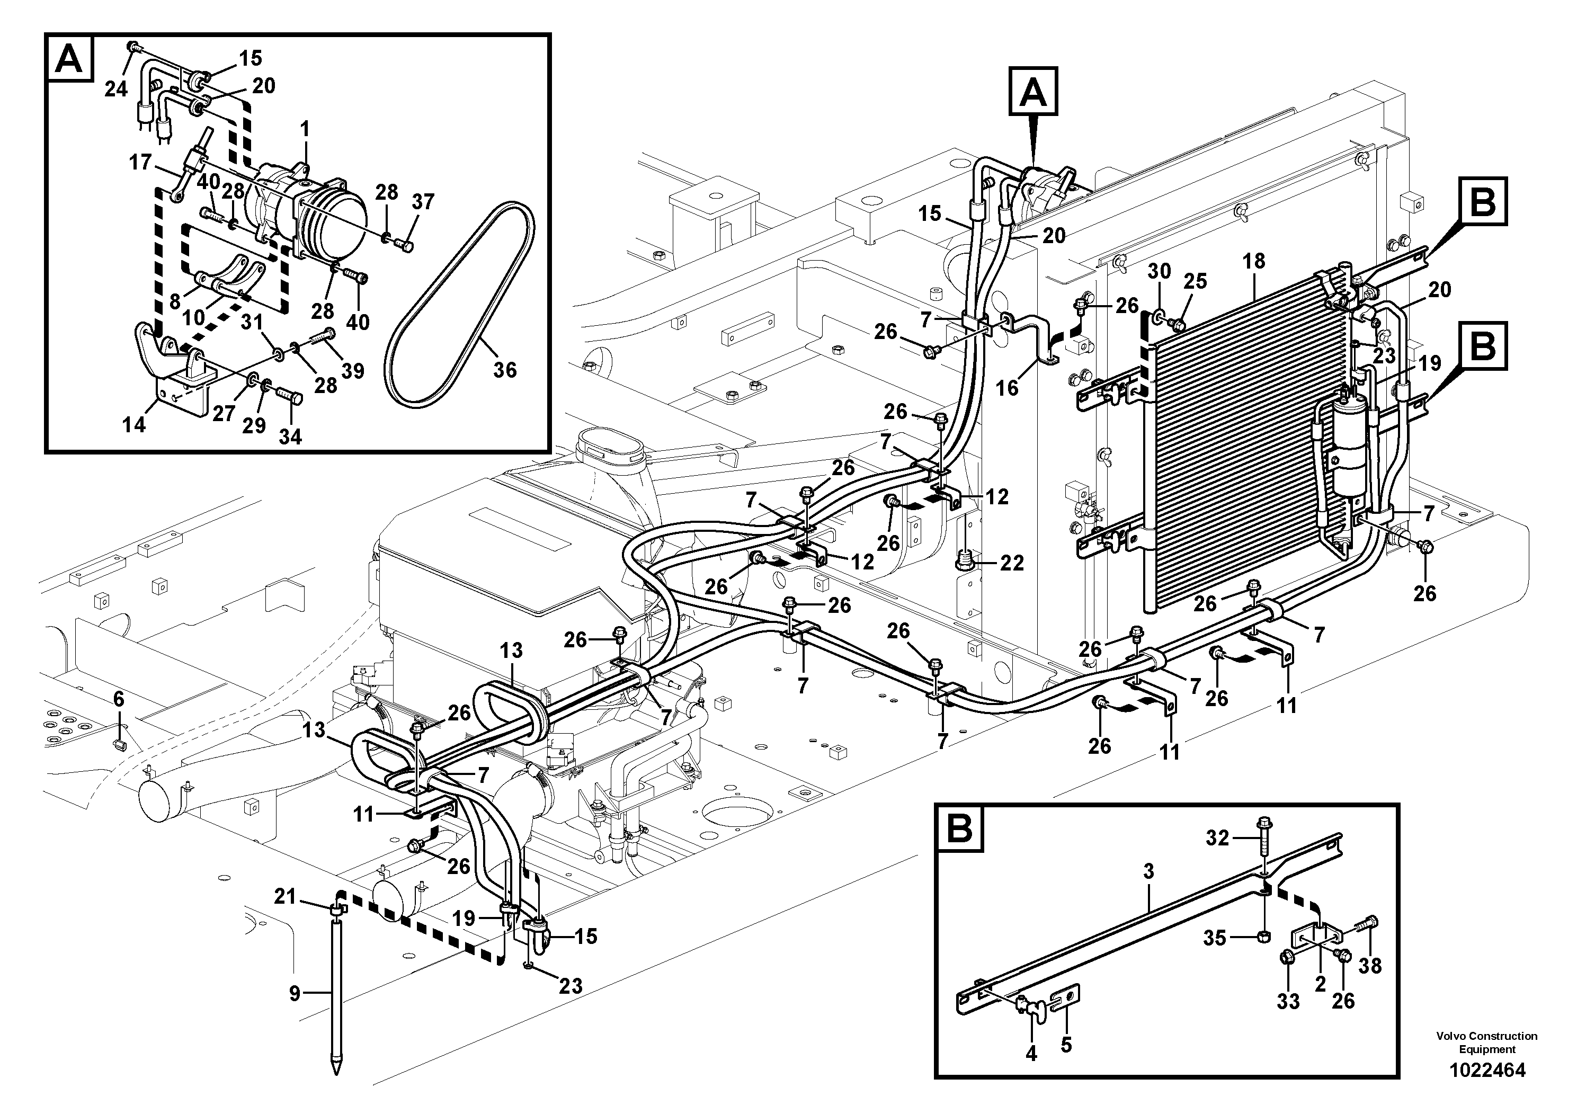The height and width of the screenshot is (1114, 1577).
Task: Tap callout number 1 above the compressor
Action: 304,129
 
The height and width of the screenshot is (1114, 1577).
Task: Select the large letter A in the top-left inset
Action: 69,60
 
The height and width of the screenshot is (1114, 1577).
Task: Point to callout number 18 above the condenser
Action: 1253,261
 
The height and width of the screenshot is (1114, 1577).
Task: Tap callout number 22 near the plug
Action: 1012,563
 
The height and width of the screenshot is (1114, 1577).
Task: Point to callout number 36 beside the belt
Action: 505,370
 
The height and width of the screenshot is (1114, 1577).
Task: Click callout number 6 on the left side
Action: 119,699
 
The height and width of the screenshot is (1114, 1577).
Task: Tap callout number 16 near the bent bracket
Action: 1007,388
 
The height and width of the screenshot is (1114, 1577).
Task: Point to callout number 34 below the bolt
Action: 290,436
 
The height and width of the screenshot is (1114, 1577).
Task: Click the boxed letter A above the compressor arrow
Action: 1033,91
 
